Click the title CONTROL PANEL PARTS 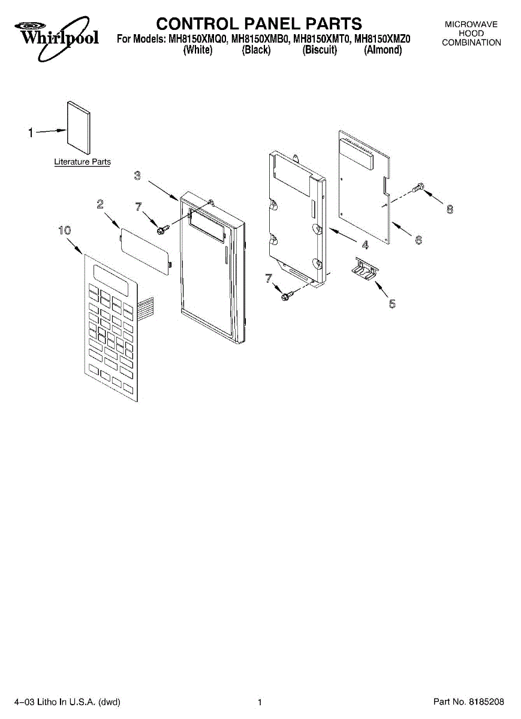[x=259, y=23]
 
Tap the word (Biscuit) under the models [x=320, y=50]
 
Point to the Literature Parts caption [x=82, y=162]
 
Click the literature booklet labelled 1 [x=78, y=128]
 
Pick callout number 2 [x=101, y=204]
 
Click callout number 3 [x=137, y=176]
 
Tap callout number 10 [x=65, y=230]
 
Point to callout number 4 [x=365, y=244]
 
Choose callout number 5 [x=392, y=304]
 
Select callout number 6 [x=418, y=240]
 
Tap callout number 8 [x=450, y=209]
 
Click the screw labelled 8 [x=420, y=188]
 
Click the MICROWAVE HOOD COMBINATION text [x=472, y=34]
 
